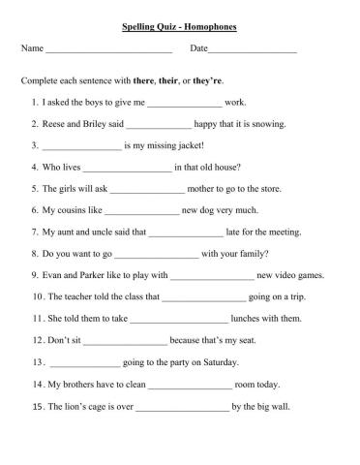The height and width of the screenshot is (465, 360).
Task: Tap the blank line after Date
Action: [x=252, y=49]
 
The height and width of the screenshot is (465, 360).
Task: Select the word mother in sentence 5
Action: [x=206, y=190]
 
